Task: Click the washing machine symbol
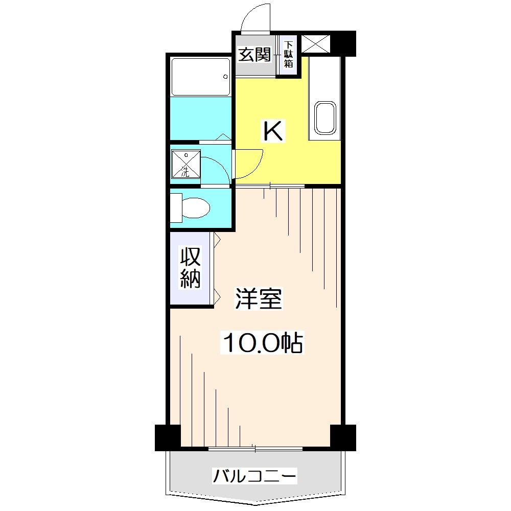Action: point(184,164)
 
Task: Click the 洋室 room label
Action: point(259,299)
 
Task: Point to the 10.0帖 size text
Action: point(262,343)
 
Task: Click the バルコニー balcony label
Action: point(254,477)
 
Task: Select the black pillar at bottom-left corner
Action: point(168,437)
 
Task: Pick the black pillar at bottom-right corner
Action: point(342,437)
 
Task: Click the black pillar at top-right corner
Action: point(343,43)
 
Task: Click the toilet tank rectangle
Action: point(176,208)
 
